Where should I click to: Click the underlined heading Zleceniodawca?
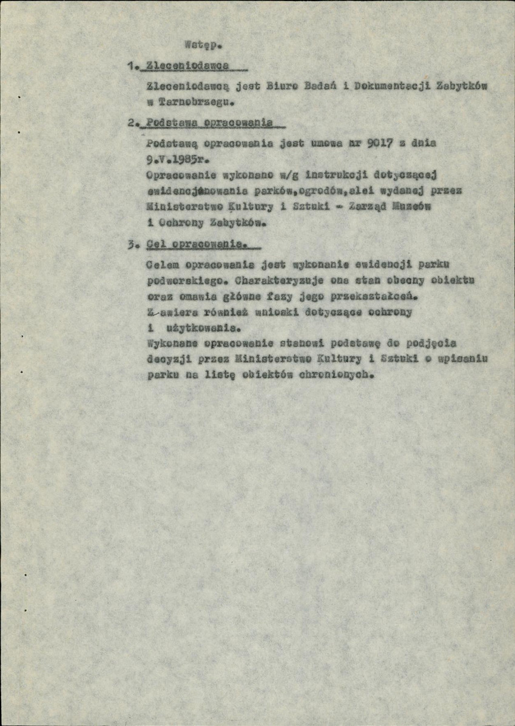coord(189,65)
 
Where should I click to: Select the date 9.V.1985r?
coord(177,161)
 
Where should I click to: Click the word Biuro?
coord(279,87)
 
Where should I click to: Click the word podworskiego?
coord(183,282)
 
